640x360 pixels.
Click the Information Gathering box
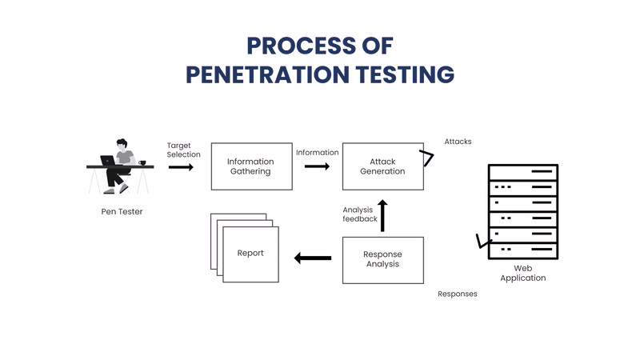click(x=251, y=166)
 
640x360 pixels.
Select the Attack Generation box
click(x=382, y=166)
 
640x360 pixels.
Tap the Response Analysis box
click(x=382, y=259)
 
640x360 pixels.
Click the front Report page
click(x=250, y=254)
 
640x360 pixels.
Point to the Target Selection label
click(x=183, y=150)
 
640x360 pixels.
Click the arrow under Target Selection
click(x=181, y=167)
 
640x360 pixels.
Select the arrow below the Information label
click(x=317, y=166)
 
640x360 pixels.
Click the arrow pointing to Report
click(x=313, y=258)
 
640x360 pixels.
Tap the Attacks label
click(x=458, y=142)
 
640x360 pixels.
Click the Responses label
click(x=457, y=294)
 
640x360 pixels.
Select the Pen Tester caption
click(x=122, y=212)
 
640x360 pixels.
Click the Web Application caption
click(x=522, y=274)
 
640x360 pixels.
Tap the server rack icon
click(x=522, y=210)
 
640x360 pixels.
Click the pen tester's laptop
click(x=107, y=160)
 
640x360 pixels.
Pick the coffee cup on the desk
click(x=142, y=162)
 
